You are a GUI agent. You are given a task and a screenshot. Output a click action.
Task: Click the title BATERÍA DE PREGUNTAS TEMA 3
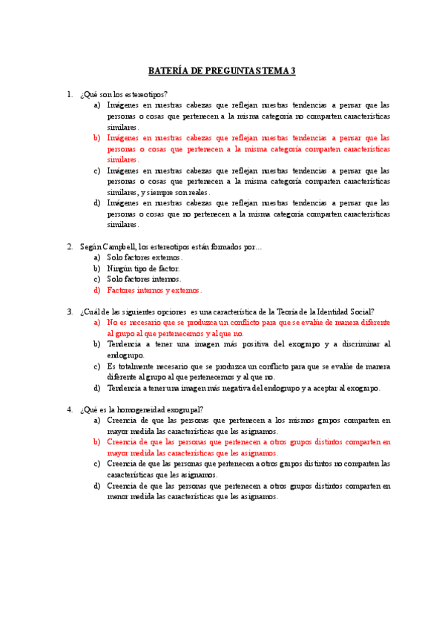click(x=222, y=71)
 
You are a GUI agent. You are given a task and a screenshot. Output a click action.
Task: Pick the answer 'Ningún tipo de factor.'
click(x=143, y=268)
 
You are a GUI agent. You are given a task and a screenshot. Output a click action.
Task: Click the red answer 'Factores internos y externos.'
click(x=154, y=290)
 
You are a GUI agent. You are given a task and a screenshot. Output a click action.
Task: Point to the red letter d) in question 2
click(x=97, y=290)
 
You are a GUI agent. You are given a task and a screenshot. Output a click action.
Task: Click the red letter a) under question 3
click(x=97, y=323)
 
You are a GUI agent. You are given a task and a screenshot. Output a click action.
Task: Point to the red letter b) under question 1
click(x=97, y=137)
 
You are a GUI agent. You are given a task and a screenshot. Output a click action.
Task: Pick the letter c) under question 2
click(x=97, y=279)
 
